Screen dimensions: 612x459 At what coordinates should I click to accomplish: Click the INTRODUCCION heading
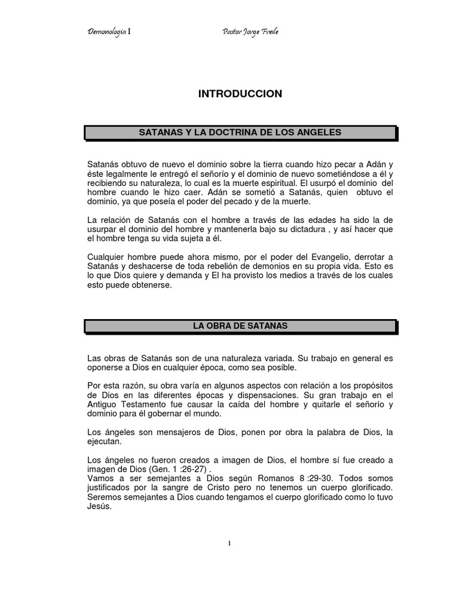coord(240,94)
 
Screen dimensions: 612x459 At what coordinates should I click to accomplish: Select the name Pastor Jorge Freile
coord(250,32)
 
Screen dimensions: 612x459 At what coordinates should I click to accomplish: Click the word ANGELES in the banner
coord(320,132)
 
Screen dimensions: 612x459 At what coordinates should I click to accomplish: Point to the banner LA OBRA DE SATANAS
coord(240,326)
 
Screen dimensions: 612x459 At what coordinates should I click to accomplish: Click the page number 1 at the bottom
coord(229,543)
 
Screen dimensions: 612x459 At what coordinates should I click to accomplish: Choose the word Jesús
coord(99,506)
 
